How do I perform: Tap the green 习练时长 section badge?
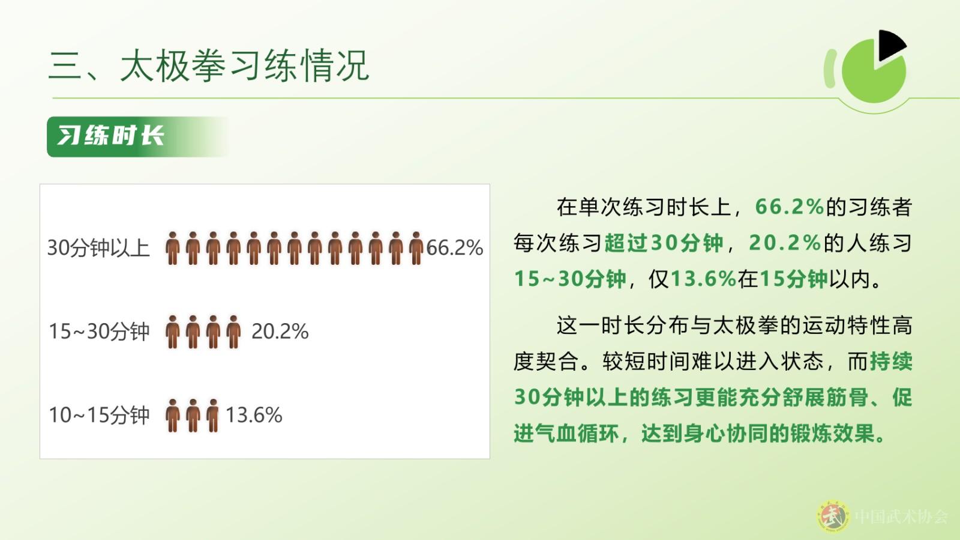click(137, 136)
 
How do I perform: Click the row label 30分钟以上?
click(98, 248)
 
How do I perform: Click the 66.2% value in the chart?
click(455, 248)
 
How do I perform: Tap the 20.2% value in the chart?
click(280, 332)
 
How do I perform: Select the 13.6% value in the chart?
click(254, 415)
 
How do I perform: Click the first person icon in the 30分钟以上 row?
click(173, 248)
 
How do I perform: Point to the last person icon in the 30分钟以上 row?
click(416, 248)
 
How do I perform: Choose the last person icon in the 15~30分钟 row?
click(233, 332)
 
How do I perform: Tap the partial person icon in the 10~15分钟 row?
click(212, 416)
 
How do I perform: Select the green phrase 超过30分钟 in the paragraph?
click(664, 243)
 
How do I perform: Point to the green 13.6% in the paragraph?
click(703, 279)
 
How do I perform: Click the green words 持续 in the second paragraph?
click(891, 361)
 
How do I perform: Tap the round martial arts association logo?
click(833, 516)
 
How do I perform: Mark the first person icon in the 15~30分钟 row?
click(173, 332)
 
